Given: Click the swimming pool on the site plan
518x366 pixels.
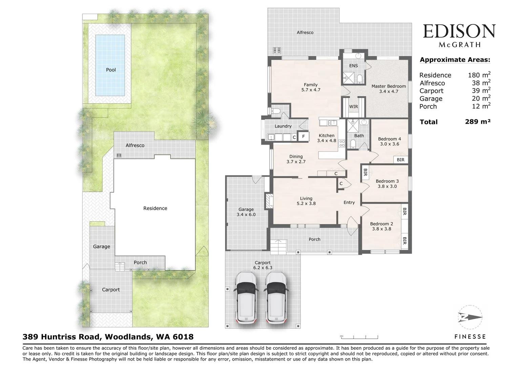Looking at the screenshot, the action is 110,65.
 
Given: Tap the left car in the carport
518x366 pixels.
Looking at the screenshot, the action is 246,298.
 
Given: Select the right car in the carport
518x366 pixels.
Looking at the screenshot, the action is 276,298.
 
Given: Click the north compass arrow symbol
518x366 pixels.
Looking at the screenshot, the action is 470,317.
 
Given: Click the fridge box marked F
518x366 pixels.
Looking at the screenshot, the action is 303,136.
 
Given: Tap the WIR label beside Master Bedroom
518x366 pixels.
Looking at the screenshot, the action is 353,107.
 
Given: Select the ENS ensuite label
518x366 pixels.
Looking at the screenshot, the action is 353,66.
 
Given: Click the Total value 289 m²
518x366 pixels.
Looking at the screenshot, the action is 478,121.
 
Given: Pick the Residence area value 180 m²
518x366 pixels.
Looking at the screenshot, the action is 479,75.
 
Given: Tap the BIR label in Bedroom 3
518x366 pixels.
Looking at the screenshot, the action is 365,172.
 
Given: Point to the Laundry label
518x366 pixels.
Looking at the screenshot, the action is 283,126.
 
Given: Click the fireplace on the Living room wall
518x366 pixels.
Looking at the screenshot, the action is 269,201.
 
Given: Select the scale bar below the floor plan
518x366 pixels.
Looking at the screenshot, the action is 359,337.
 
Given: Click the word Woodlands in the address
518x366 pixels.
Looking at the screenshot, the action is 129,337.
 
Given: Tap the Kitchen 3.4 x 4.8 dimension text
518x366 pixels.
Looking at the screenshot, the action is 327,140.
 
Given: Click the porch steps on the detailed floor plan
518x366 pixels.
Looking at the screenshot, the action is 278,247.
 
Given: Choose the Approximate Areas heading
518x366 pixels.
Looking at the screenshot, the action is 455,60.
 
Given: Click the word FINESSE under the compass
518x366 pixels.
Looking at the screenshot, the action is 470,337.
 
